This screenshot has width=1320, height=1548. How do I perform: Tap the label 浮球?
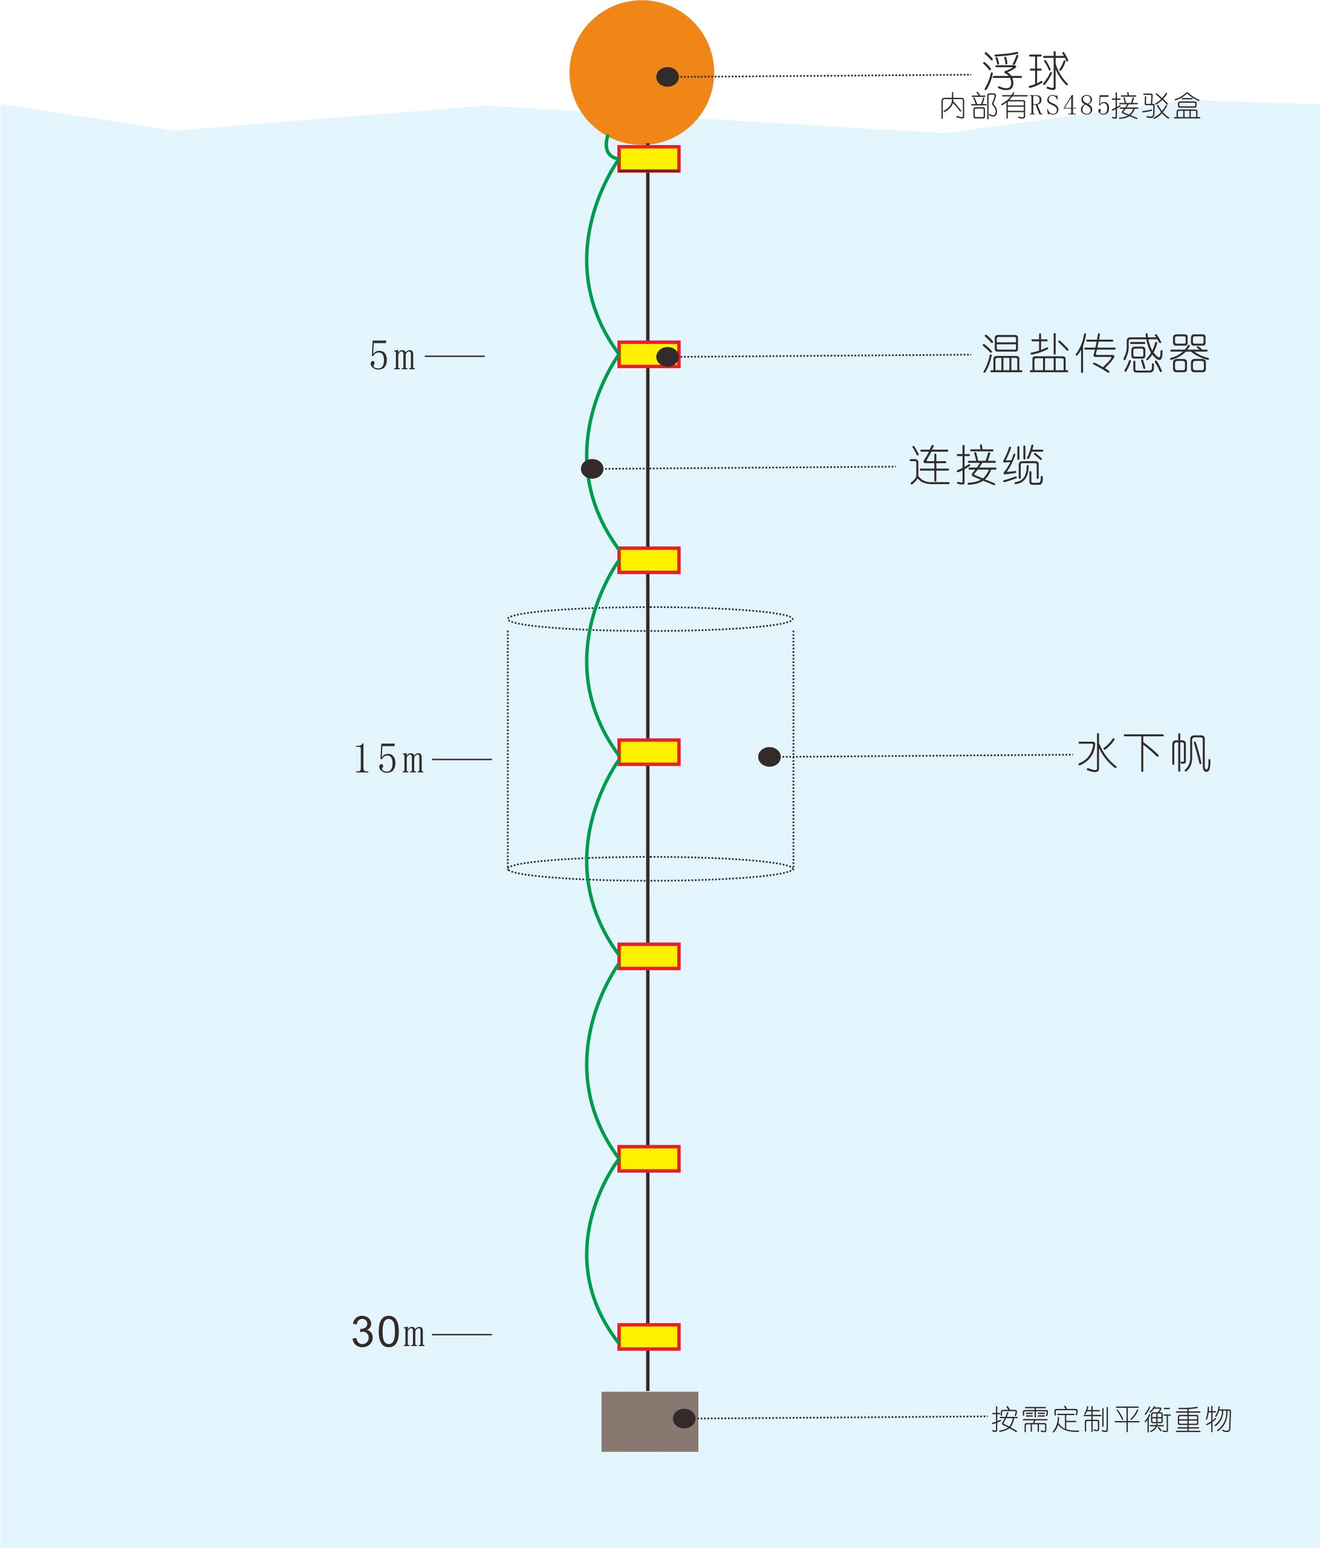pyautogui.click(x=1026, y=70)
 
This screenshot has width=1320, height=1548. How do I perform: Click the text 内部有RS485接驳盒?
pyautogui.click(x=1070, y=107)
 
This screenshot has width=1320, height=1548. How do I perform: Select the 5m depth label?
pyautogui.click(x=392, y=357)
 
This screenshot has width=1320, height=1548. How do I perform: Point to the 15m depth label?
pyautogui.click(x=389, y=759)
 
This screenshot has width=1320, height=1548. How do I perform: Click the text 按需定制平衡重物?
pyautogui.click(x=1111, y=1419)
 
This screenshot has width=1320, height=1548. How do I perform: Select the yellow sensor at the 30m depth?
pyautogui.click(x=649, y=1336)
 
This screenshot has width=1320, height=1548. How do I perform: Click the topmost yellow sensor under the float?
pyautogui.click(x=649, y=158)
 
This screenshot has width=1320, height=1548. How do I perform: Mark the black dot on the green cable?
pyautogui.click(x=592, y=469)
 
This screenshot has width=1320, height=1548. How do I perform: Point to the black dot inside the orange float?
pyautogui.click(x=668, y=76)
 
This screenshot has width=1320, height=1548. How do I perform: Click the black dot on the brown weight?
pyautogui.click(x=684, y=1419)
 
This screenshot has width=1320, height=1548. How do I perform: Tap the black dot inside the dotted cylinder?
pyautogui.click(x=769, y=757)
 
